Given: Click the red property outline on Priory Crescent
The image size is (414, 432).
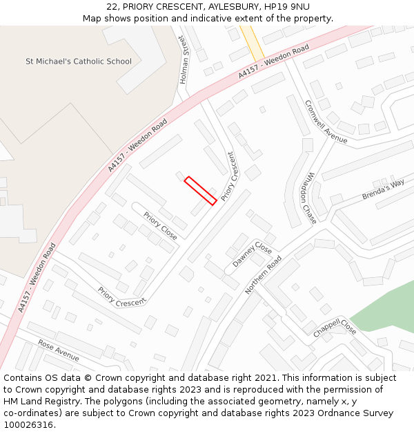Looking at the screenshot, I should pos(201,190).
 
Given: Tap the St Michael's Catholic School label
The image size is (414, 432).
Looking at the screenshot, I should pos(79,62).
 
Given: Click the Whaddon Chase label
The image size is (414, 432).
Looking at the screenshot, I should pos(308,198).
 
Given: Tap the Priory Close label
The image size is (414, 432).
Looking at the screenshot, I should pos(161,226).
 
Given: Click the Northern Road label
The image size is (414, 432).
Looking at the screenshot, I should pos(264,274).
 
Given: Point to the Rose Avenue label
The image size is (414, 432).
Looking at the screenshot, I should pos(59,350).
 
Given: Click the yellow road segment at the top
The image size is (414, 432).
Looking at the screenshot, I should pos(253,43).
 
